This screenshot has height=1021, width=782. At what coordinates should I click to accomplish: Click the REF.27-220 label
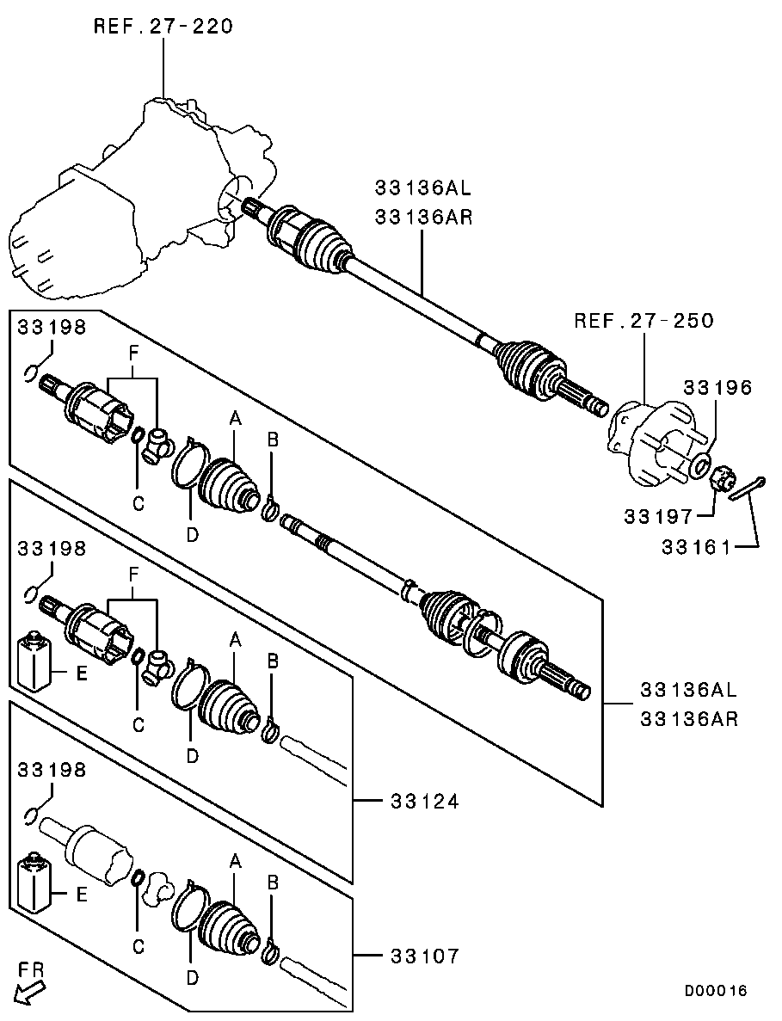click(163, 27)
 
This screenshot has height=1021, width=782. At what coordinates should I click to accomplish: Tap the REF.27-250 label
click(644, 321)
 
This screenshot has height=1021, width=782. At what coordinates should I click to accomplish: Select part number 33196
click(717, 388)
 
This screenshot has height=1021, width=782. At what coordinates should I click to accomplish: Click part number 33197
click(658, 516)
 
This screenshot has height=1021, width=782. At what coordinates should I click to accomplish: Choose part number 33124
click(425, 802)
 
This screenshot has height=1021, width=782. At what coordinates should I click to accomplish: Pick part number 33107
click(425, 956)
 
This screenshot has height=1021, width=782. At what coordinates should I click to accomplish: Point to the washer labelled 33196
click(700, 465)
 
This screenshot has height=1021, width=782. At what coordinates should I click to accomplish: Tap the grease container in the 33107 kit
click(34, 884)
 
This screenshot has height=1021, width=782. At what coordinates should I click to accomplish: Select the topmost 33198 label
click(52, 327)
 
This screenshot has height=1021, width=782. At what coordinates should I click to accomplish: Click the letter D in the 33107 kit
click(192, 977)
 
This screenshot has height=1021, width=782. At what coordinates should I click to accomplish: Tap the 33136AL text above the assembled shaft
click(422, 188)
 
